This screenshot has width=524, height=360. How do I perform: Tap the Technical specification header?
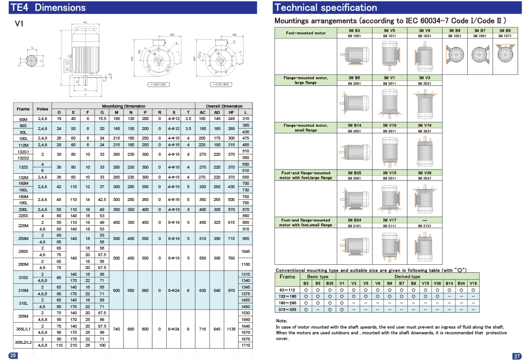326,8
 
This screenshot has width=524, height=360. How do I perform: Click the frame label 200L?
23,210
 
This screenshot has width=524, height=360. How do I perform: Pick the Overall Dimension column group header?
224,106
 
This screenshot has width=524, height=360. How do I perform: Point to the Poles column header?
42,109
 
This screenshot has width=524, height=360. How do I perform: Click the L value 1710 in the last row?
246,344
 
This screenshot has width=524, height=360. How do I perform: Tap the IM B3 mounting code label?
354,30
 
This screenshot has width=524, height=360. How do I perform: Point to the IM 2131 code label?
424,226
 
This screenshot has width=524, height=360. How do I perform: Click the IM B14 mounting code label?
354,125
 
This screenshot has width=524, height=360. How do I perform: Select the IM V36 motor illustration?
424,197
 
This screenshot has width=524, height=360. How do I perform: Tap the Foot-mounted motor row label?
306,33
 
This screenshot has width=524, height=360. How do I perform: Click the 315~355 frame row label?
287,309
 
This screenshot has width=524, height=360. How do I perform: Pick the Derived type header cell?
407,276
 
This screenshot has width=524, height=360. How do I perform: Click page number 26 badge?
13,355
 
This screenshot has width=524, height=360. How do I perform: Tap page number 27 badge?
516,356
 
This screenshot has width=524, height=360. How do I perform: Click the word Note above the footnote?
281,321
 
